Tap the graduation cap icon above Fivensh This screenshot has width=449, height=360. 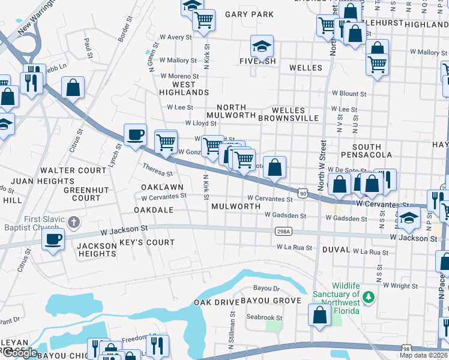[262, 46]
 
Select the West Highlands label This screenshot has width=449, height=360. [184, 88]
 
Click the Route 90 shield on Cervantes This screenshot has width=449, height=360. [303, 194]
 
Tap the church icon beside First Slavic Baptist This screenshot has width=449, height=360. [73, 223]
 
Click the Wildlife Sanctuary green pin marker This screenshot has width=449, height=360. [369, 296]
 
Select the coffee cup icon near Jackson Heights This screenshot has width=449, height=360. [53, 240]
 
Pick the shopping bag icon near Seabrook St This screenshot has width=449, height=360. [319, 314]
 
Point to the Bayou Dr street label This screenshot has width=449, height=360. [267, 288]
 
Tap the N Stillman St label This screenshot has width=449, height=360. [232, 331]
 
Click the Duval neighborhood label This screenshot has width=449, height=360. [336, 249]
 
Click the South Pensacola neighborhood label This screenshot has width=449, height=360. [367, 151]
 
